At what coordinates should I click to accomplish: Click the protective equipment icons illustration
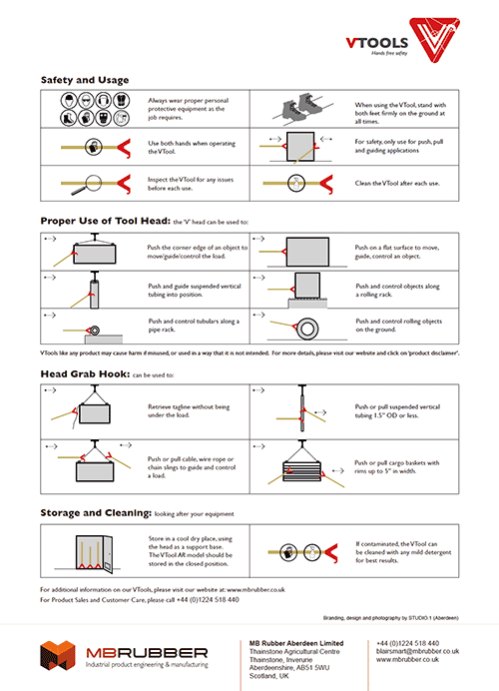point(87,107)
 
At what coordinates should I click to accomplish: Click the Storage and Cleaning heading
point(96,512)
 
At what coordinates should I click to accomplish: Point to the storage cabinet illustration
point(89,549)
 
